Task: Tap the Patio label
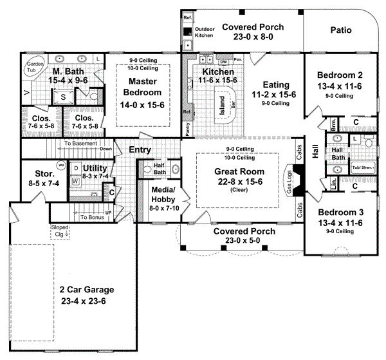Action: (x=341, y=29)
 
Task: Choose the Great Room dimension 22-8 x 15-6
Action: (x=237, y=182)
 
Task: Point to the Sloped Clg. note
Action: (x=61, y=231)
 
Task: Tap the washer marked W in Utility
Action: (x=75, y=182)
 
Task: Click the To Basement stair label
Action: (x=80, y=143)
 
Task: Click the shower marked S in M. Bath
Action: (x=64, y=97)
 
